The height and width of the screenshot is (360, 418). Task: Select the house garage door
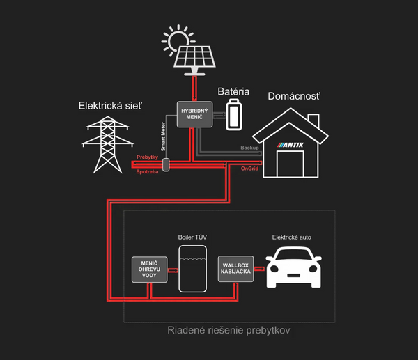click(x=291, y=164)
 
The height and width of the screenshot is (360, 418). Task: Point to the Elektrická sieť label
click(x=110, y=106)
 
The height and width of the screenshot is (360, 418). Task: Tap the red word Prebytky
click(x=148, y=158)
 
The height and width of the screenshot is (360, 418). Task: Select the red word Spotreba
click(x=148, y=171)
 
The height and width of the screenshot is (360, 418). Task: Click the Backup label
click(x=249, y=148)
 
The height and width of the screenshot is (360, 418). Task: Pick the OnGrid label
click(x=249, y=169)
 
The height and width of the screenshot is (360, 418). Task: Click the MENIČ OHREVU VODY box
click(x=150, y=269)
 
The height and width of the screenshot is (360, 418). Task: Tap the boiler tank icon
click(x=192, y=268)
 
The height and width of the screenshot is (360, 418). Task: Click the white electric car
click(x=293, y=267)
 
